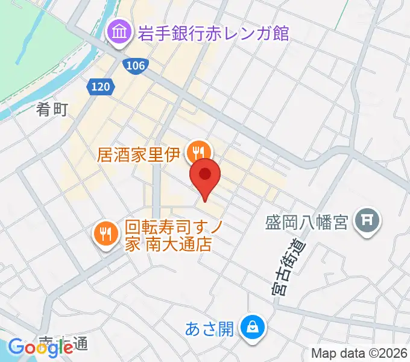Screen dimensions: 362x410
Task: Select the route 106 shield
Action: click(136, 65)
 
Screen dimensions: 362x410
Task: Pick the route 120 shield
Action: click(101, 87)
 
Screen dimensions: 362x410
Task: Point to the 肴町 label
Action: click(52, 109)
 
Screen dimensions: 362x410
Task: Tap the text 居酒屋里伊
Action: click(139, 154)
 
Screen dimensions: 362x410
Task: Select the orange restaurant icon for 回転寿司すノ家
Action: click(106, 233)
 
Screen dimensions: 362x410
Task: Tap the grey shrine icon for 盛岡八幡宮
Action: click(366, 222)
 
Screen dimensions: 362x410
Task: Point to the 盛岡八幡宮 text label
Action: click(306, 223)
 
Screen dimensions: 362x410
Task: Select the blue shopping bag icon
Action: click(250, 328)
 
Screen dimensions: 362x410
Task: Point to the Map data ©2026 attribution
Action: click(359, 352)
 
